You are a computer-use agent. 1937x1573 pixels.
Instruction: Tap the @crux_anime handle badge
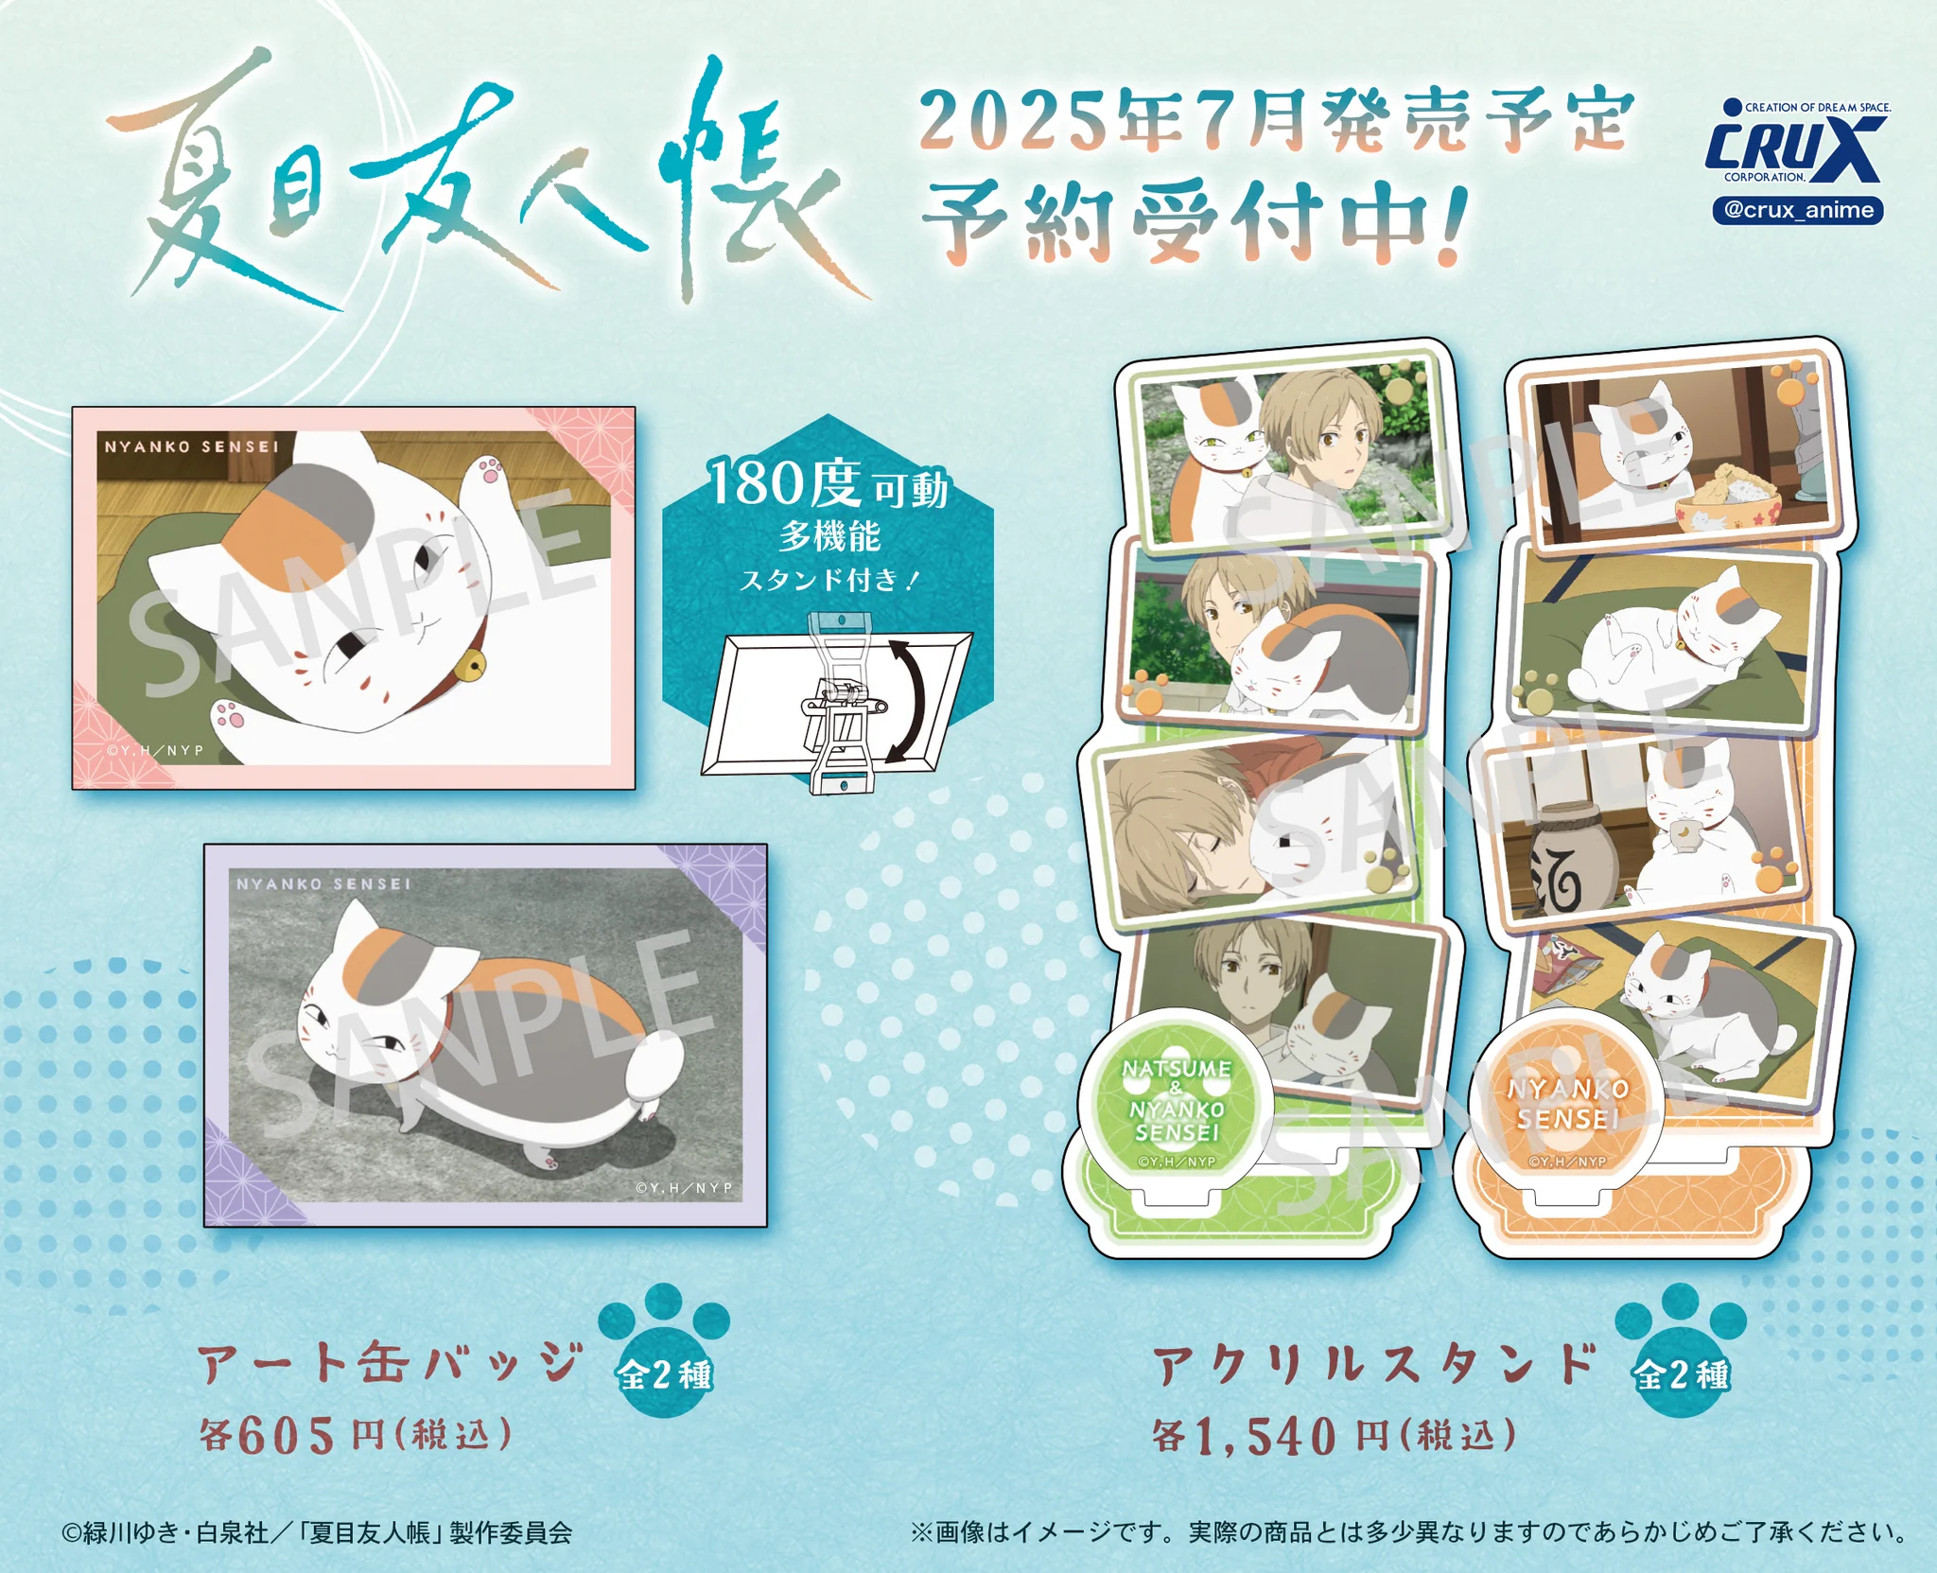click(x=1797, y=210)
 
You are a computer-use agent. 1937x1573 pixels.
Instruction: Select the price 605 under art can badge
click(x=286, y=1435)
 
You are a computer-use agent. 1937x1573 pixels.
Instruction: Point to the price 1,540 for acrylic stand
click(x=1265, y=1436)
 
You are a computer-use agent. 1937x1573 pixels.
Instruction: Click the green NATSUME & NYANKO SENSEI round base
click(x=1176, y=1104)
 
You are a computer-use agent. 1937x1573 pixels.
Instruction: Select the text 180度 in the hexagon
click(x=784, y=483)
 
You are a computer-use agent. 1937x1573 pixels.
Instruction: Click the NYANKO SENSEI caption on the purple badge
click(x=323, y=883)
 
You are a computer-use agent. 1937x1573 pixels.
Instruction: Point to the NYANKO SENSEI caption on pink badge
click(x=192, y=446)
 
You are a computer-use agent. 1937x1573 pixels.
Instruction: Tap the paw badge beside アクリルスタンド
click(x=1681, y=1352)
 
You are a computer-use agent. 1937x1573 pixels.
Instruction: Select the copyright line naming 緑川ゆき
click(x=317, y=1532)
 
